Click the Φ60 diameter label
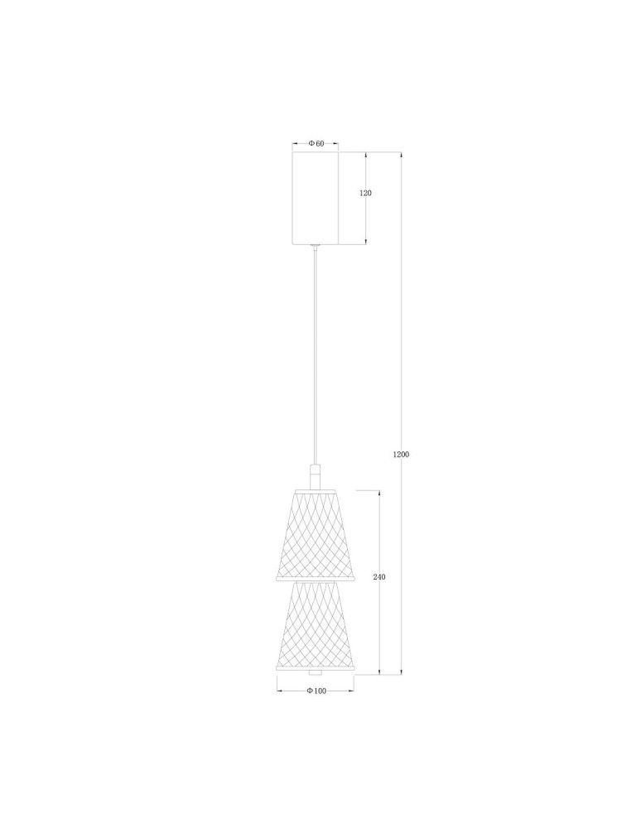(x=316, y=144)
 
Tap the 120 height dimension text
(x=365, y=193)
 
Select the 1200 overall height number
(x=402, y=455)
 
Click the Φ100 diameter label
(x=316, y=691)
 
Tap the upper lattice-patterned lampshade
(x=315, y=535)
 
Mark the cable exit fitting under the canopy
(x=315, y=246)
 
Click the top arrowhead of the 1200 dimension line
(x=402, y=155)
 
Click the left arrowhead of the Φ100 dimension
(x=278, y=691)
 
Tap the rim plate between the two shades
(x=315, y=580)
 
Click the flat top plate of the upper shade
(x=315, y=489)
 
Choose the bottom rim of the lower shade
(x=315, y=668)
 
